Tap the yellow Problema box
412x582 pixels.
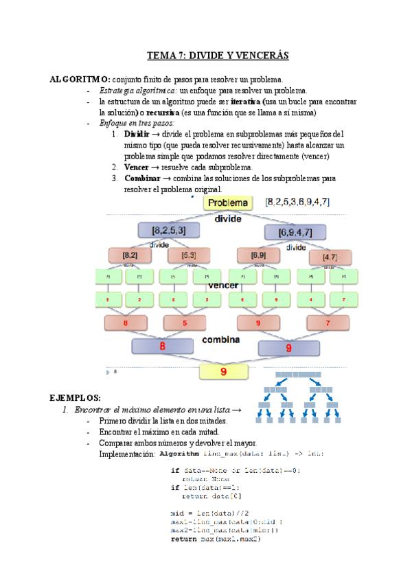pyautogui.click(x=228, y=202)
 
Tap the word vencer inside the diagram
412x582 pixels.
pyautogui.click(x=223, y=285)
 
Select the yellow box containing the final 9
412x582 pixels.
pyautogui.click(x=223, y=371)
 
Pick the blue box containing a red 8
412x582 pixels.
pyautogui.click(x=162, y=347)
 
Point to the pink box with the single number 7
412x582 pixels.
pyautogui.click(x=327, y=323)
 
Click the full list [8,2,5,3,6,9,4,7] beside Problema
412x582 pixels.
pyautogui.click(x=297, y=202)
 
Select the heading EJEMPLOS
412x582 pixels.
pyautogui.click(x=76, y=398)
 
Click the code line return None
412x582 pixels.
pyautogui.click(x=201, y=478)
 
